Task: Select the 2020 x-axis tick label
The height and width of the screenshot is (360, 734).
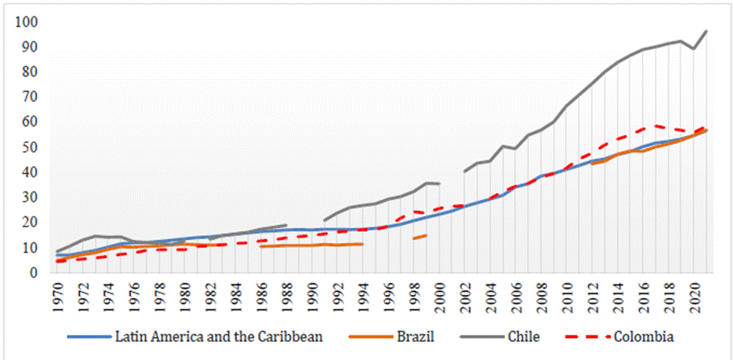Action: click(693, 294)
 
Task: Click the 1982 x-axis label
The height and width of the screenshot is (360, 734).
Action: click(213, 294)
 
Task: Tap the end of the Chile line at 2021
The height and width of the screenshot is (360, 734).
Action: click(706, 31)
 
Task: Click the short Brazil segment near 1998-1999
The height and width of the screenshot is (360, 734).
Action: click(420, 236)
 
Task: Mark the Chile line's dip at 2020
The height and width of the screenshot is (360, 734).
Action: click(693, 49)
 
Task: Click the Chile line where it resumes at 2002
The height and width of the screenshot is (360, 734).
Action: click(466, 171)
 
